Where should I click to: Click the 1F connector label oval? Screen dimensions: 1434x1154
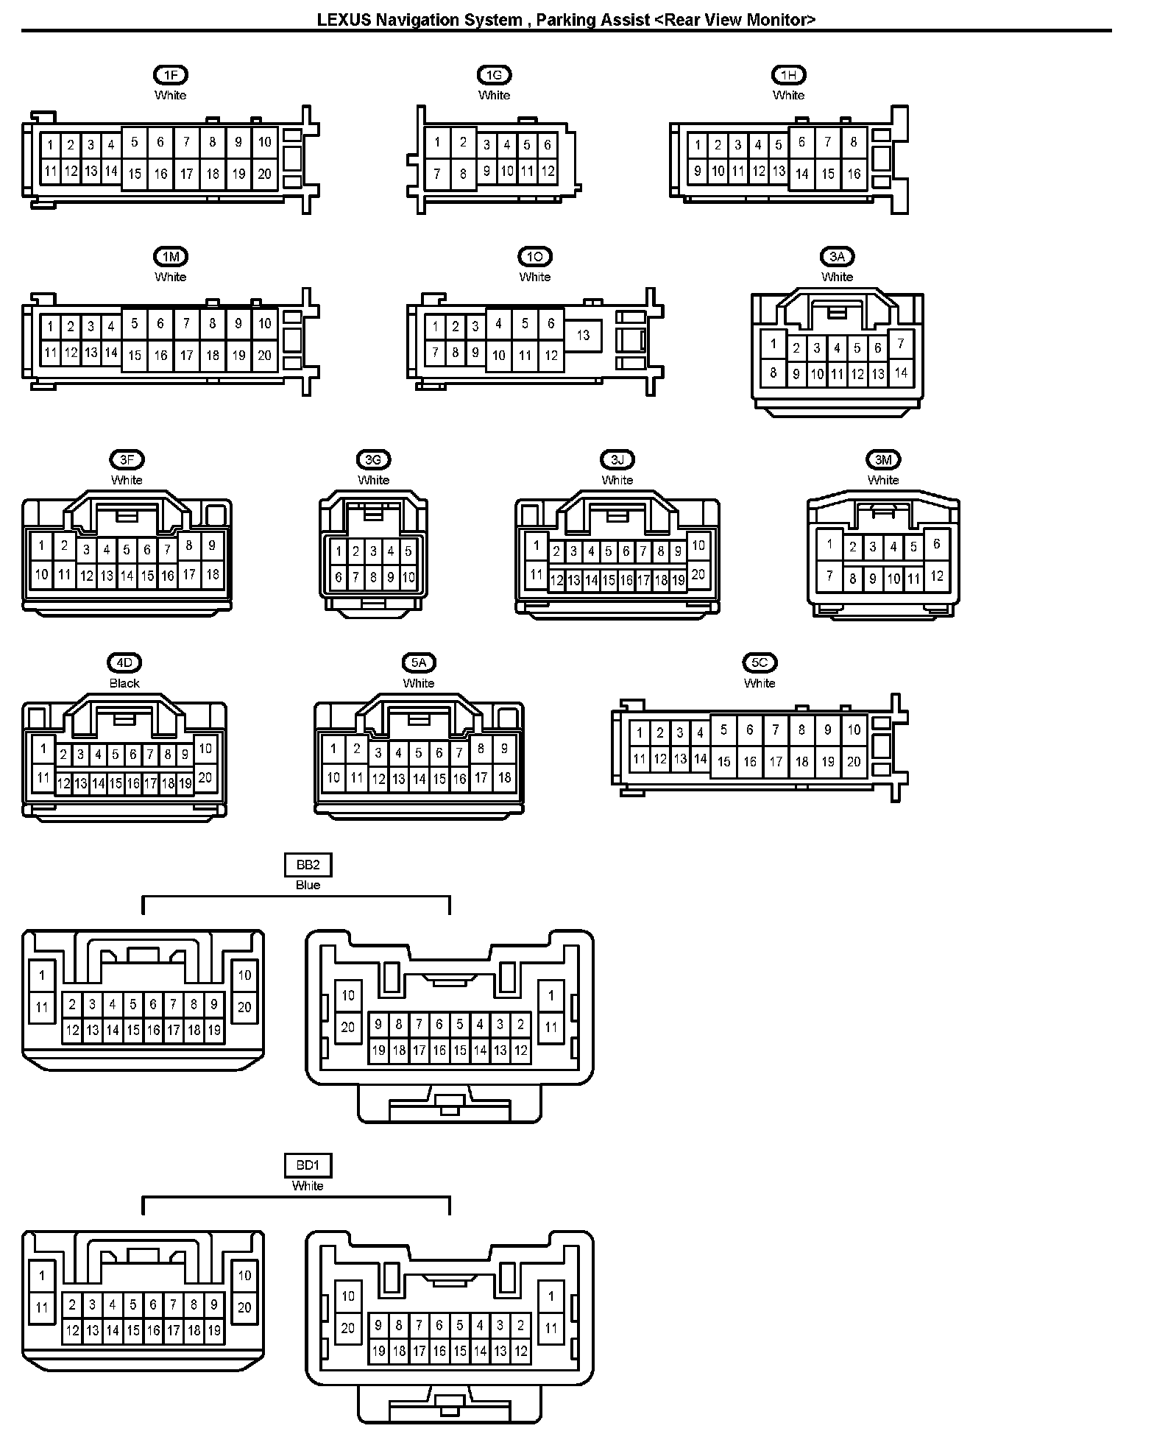click(x=171, y=75)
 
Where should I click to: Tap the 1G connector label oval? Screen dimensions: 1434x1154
click(x=494, y=75)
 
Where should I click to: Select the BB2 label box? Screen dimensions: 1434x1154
click(x=308, y=865)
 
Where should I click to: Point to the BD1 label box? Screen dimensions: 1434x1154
click(x=308, y=1166)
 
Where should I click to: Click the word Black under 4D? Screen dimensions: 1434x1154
click(x=124, y=683)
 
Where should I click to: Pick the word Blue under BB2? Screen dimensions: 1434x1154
click(x=308, y=885)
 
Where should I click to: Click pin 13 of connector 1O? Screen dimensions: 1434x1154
click(x=583, y=336)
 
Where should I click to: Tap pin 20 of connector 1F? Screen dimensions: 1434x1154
click(x=264, y=174)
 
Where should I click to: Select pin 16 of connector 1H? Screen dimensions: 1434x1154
click(x=854, y=174)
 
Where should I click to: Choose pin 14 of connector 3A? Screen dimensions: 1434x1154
click(x=901, y=372)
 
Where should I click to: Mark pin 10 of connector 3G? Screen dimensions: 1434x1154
click(x=408, y=578)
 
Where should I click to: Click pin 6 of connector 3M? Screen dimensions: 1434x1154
click(x=936, y=545)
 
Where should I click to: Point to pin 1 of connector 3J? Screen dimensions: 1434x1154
click(x=536, y=545)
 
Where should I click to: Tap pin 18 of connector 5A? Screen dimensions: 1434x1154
click(x=504, y=777)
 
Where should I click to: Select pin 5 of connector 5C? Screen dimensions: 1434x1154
click(x=723, y=730)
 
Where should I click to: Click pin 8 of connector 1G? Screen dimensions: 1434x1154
click(x=463, y=174)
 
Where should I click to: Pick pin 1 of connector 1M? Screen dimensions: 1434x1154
click(x=50, y=326)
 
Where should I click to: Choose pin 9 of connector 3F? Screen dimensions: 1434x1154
click(x=212, y=545)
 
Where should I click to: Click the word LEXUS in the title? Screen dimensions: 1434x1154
click(x=344, y=20)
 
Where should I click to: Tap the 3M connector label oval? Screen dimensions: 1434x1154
click(x=883, y=460)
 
